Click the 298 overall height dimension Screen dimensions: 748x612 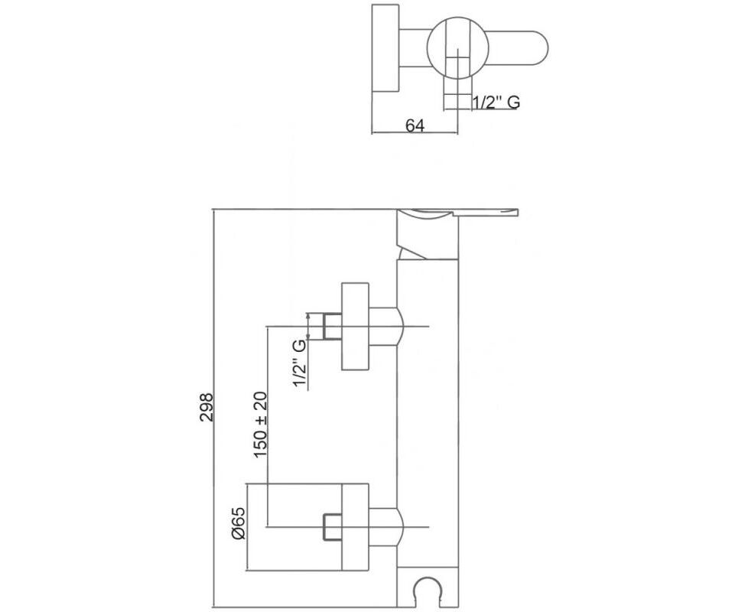pos(207,407)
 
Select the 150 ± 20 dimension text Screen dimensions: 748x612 pos(261,425)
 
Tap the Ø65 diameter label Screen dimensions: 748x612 pos(239,522)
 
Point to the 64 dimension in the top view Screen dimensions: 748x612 pos(415,125)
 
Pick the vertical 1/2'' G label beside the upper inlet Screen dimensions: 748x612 pos(299,363)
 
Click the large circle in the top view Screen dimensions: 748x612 pos(457,49)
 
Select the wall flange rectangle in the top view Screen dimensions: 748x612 pos(385,48)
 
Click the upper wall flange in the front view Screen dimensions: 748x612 pos(356,327)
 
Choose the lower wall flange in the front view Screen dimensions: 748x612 pos(356,526)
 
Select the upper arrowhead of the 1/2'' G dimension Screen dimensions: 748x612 pos(309,316)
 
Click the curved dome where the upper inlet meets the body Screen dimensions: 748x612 pos(400,327)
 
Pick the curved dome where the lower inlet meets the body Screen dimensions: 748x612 pos(400,527)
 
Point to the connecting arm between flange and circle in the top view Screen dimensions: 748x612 pos(413,48)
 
